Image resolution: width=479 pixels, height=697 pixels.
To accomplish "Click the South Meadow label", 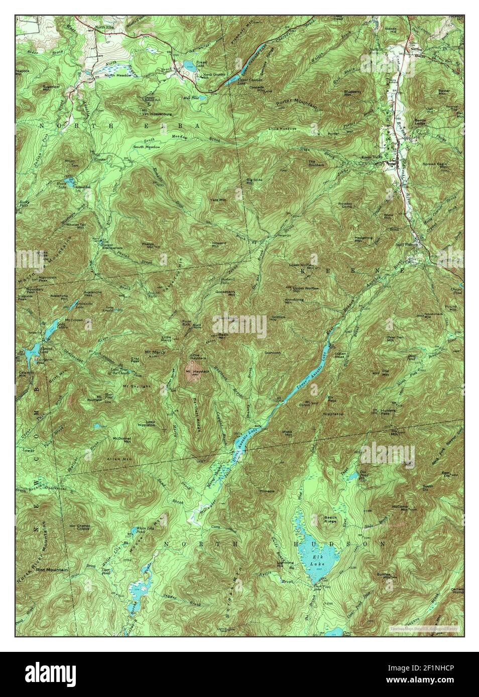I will [146, 147].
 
